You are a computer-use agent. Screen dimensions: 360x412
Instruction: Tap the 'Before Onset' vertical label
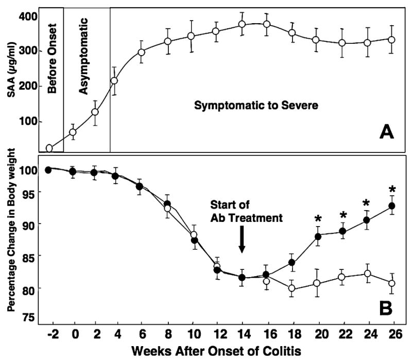[51, 60]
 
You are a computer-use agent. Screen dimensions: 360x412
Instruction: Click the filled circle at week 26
[391, 205]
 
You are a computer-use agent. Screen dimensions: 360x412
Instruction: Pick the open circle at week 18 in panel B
[291, 288]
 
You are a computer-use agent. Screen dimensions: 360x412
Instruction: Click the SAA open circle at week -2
[49, 148]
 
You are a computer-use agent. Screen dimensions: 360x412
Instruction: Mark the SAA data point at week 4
[114, 81]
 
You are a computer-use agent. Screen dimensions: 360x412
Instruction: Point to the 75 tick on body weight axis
[30, 318]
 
